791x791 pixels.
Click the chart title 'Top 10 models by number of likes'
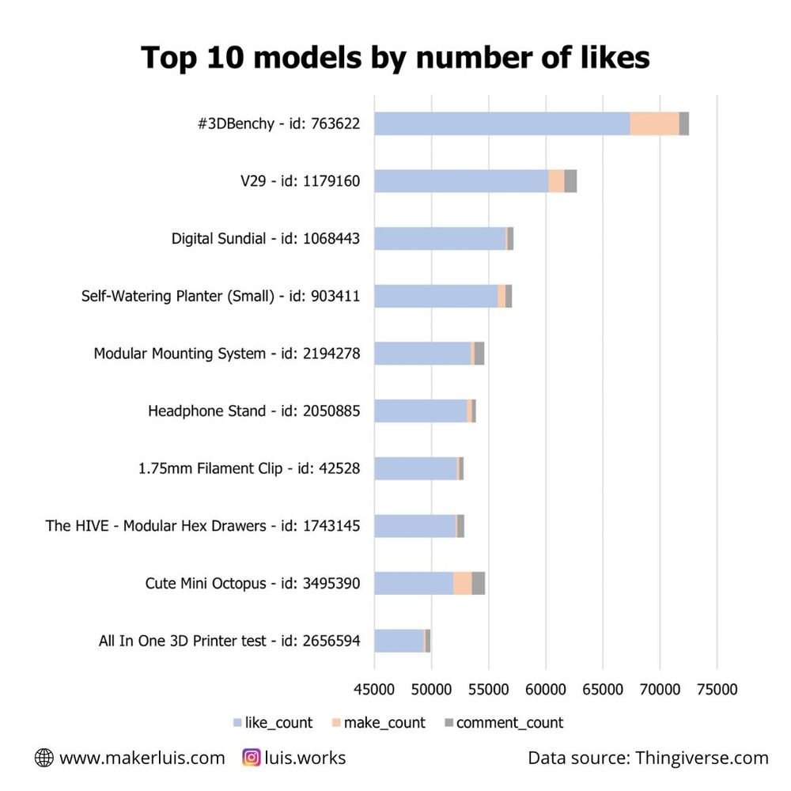pos(395,57)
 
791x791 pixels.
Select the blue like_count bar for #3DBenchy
pos(501,123)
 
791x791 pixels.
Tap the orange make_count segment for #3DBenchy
pos(654,123)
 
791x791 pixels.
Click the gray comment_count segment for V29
pos(570,181)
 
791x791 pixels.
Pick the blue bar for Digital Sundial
pos(440,239)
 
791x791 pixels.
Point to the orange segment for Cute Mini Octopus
pos(462,584)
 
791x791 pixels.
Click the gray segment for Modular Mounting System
pos(479,354)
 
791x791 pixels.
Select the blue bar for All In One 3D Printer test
pos(399,641)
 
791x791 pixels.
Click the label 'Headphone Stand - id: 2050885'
pos(254,411)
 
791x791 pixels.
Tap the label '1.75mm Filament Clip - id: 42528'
pos(249,468)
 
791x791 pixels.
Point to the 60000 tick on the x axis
pos(546,690)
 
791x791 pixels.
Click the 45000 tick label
pos(374,690)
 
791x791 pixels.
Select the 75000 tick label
pos(717,690)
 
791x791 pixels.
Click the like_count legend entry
pos(274,723)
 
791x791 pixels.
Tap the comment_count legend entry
pos(503,723)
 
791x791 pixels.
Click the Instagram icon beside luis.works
pos(252,758)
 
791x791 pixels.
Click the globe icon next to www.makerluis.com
pos(44,758)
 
